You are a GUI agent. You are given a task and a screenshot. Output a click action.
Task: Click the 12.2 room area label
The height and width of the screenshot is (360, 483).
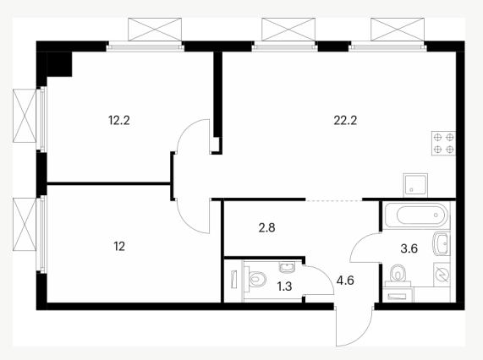point(119,120)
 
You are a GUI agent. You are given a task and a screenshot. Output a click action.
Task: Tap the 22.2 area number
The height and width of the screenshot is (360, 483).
point(345,120)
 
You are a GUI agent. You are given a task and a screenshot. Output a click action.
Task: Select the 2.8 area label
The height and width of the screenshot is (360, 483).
point(266,227)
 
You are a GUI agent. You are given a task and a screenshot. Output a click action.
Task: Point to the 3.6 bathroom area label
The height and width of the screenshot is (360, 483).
point(409,248)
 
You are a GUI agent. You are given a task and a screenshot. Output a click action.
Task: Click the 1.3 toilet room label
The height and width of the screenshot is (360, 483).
point(284,286)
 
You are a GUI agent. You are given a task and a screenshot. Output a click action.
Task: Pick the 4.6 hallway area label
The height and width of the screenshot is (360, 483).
point(345,281)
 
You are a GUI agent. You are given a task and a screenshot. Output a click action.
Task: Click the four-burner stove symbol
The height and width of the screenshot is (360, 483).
point(443,143)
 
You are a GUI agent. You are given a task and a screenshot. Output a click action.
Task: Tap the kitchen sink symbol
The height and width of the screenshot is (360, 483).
point(415,185)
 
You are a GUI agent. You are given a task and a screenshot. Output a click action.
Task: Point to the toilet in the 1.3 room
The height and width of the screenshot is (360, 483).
point(255,278)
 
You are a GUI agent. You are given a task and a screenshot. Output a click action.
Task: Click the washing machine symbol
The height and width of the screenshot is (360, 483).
point(442,274)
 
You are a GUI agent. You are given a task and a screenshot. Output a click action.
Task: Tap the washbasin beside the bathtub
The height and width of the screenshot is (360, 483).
point(442,244)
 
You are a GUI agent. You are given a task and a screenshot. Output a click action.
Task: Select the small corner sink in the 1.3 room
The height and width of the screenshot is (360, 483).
point(288,267)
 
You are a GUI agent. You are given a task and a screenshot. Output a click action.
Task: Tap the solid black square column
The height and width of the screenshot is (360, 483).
point(59,64)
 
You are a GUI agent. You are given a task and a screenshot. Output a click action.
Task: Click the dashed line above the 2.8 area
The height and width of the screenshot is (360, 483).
point(333,200)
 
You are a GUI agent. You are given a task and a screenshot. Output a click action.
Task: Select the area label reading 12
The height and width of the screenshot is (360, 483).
point(119,247)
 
